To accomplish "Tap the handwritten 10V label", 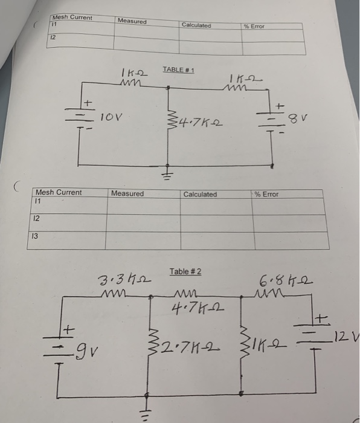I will [x=112, y=114].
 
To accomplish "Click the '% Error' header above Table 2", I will [x=266, y=194].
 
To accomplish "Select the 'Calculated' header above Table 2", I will [x=200, y=194].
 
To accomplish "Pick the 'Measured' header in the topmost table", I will [x=132, y=21].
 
